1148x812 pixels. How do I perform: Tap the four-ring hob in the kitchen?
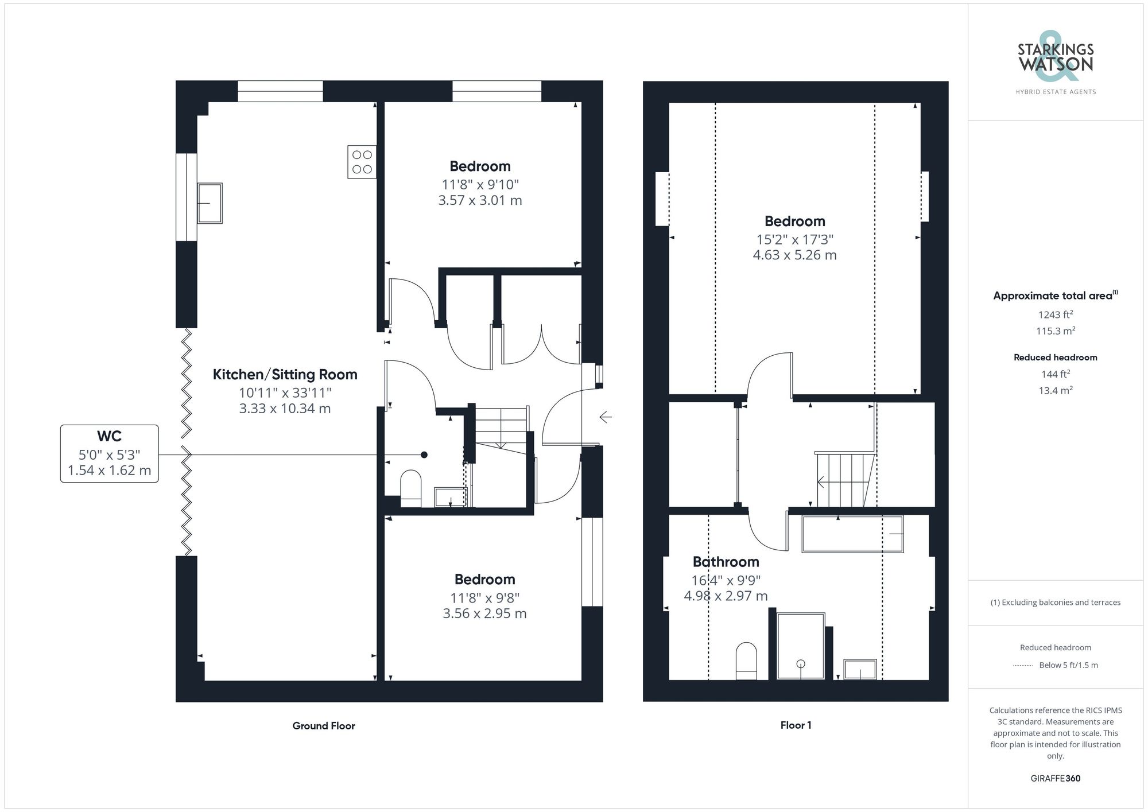[362, 162]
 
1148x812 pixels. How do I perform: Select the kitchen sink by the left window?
[210, 203]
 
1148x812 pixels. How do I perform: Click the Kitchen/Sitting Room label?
[285, 375]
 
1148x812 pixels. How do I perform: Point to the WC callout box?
[109, 453]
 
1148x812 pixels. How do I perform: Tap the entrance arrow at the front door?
[606, 417]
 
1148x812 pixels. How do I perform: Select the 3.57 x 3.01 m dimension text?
[480, 200]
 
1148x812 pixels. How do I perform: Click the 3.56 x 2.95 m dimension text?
[484, 613]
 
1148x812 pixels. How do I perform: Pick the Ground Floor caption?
[324, 726]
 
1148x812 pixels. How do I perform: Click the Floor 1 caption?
[796, 725]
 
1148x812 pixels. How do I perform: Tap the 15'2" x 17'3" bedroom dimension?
[794, 239]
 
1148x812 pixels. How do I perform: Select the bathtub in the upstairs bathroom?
[852, 534]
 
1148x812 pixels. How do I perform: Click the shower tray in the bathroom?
[800, 646]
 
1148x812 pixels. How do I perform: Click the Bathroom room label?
[726, 562]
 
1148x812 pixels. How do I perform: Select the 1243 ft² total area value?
[1055, 314]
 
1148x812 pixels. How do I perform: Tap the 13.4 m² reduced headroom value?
[1055, 390]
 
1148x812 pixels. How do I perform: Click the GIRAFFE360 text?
[1055, 779]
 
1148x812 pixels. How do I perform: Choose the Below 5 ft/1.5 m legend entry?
[1068, 665]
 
